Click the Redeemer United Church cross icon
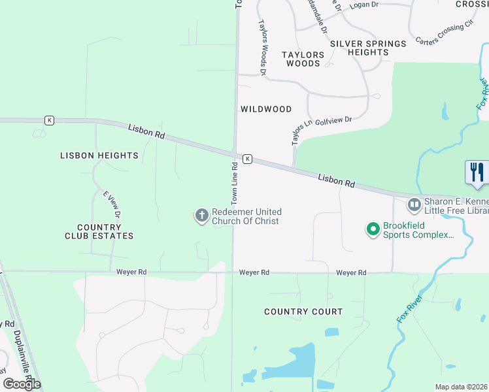[x=201, y=214]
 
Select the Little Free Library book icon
[x=414, y=205]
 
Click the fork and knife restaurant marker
[x=477, y=172]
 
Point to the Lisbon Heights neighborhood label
[x=99, y=155]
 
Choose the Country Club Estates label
[x=99, y=231]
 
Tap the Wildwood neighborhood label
[x=265, y=108]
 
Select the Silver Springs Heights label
[x=368, y=48]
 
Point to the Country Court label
[x=303, y=312]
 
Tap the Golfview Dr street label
[x=333, y=120]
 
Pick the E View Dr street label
[x=112, y=204]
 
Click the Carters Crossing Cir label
[x=445, y=33]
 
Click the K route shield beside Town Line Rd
[x=247, y=159]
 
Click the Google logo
[x=21, y=384]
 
